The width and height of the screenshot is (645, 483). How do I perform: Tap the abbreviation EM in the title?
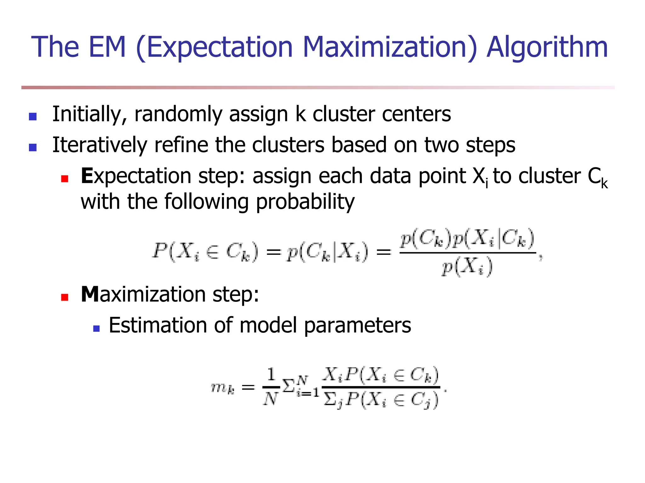tap(107, 47)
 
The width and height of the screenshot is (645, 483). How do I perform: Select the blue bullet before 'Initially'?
tap(33, 117)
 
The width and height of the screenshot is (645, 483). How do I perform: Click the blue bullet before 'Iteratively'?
tap(33, 147)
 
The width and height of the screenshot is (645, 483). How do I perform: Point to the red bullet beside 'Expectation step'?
tap(65, 179)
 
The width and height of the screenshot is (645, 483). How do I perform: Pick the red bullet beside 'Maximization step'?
tap(65, 297)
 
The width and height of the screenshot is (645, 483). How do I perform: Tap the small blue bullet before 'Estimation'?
tap(96, 329)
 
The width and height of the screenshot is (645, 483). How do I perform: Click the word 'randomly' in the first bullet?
tap(178, 114)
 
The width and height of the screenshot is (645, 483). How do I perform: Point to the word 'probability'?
tap(305, 202)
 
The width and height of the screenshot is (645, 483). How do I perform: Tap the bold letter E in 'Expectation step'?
tap(87, 176)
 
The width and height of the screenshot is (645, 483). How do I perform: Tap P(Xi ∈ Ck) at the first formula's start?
tap(205, 252)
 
